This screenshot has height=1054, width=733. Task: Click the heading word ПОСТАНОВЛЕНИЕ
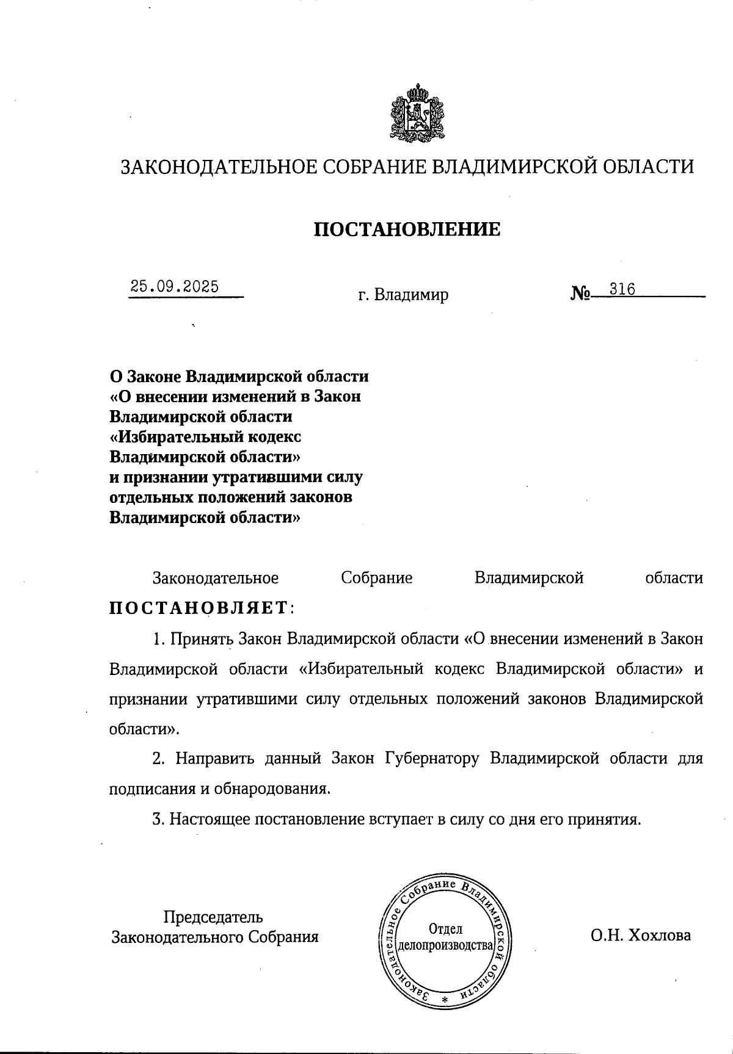click(x=407, y=229)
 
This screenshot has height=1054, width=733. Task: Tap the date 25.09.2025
click(x=175, y=286)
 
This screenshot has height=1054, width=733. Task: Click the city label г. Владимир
click(x=403, y=295)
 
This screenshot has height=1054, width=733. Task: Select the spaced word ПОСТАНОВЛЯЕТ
click(x=199, y=608)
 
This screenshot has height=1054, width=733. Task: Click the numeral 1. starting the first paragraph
click(x=159, y=639)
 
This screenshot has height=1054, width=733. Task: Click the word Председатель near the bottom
click(x=213, y=917)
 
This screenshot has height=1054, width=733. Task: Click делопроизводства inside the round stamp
click(x=445, y=947)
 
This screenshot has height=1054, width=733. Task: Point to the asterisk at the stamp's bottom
click(x=445, y=1000)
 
